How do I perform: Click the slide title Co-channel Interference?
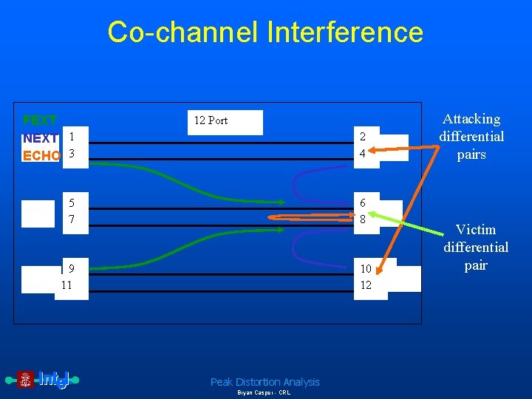tap(265, 33)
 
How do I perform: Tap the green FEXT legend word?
tap(40, 120)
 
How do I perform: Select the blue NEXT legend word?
tap(41, 137)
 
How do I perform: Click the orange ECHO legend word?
tap(42, 155)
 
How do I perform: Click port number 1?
tap(72, 136)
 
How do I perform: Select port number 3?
tap(72, 154)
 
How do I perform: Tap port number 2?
tap(363, 137)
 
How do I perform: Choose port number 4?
tap(363, 154)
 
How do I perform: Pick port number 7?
tap(72, 220)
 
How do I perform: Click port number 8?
tap(363, 220)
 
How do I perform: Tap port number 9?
tap(71, 268)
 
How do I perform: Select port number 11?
tap(66, 284)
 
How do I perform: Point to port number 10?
tap(366, 268)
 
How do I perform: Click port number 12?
tap(366, 285)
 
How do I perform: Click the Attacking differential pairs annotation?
tap(471, 137)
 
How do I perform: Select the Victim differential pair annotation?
tap(476, 247)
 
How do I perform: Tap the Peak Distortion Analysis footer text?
tap(265, 382)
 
